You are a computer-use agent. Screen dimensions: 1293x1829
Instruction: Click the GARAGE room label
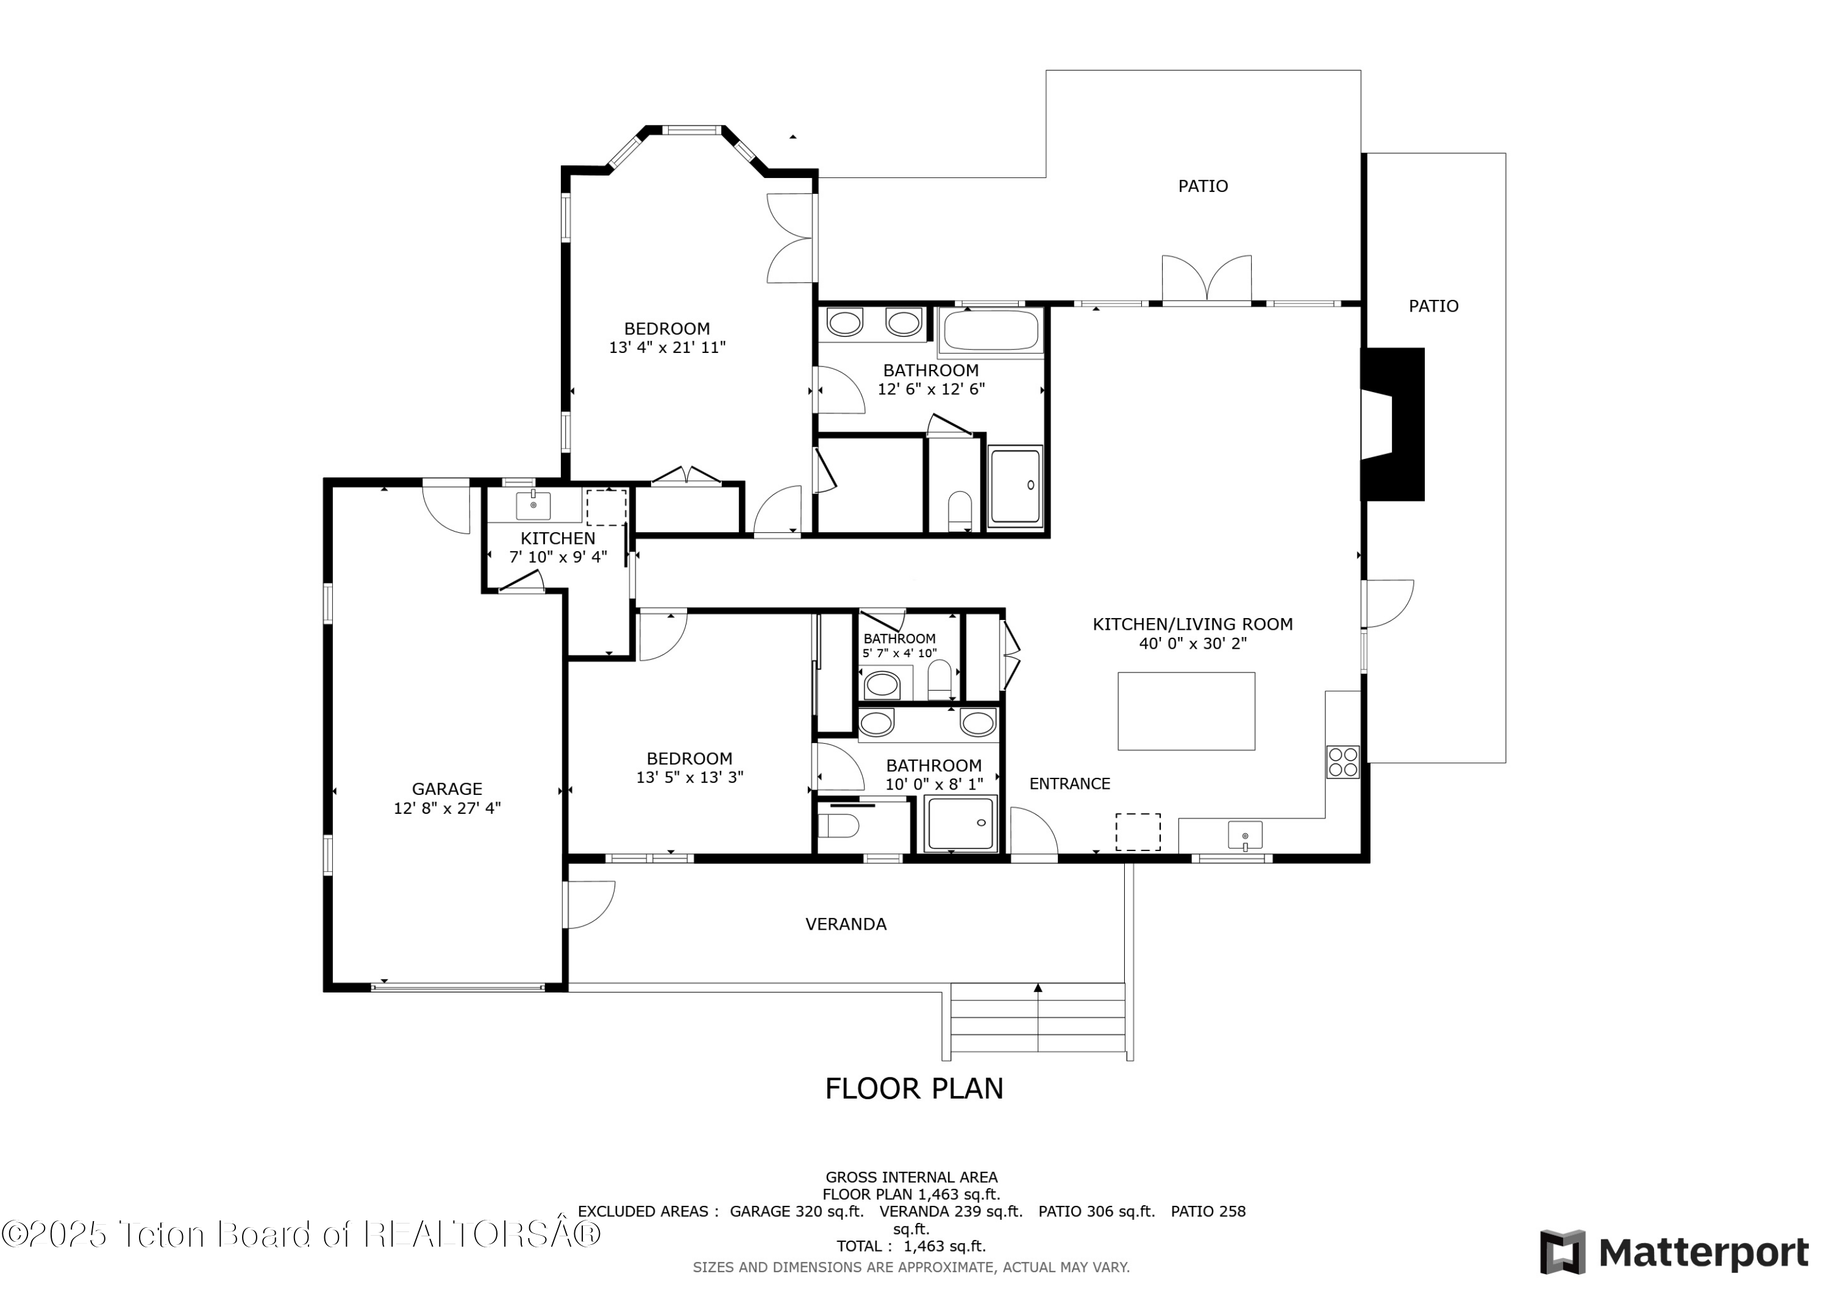[447, 789]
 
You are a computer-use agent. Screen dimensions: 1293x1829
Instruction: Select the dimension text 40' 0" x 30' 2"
[1192, 644]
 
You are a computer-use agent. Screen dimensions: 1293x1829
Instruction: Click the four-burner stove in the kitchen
[1342, 761]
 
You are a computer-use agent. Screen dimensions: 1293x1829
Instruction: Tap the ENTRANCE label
[1069, 784]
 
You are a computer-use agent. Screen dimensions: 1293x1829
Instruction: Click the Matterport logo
[1674, 1253]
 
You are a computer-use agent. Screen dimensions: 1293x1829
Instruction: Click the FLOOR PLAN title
[914, 1089]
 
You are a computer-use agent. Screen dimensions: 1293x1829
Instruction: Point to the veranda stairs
[1037, 1020]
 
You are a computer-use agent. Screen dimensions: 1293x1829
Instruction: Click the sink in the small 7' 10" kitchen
[533, 505]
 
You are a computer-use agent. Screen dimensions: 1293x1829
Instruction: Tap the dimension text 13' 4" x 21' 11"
[667, 347]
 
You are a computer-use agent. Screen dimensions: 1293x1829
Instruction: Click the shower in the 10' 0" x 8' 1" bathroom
[961, 823]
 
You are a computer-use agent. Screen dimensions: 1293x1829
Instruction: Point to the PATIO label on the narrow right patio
[1433, 306]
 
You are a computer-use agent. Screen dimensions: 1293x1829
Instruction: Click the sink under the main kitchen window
[1244, 836]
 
